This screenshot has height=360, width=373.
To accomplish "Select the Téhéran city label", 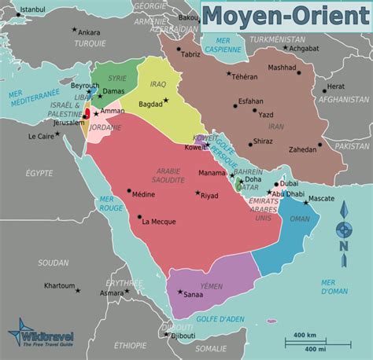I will (x=244, y=77).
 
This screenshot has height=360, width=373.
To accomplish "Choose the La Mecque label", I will (x=157, y=221).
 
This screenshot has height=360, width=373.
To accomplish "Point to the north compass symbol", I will (x=343, y=229).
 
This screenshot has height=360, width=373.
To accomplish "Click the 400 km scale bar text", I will (x=305, y=336).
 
